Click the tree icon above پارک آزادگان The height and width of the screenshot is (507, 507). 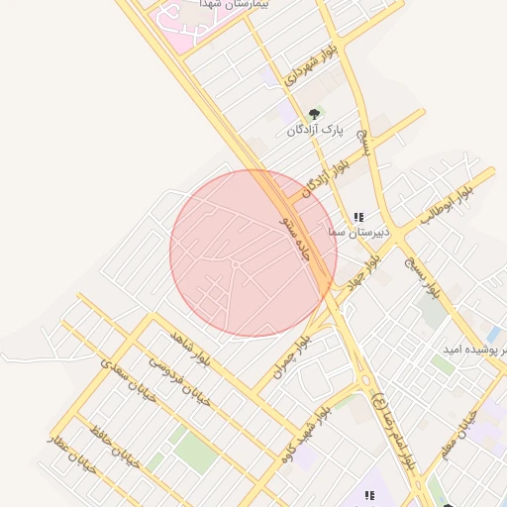pyautogui.click(x=315, y=114)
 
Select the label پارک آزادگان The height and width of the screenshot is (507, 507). pyautogui.click(x=314, y=131)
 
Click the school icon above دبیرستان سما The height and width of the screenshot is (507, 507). pyautogui.click(x=358, y=216)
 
